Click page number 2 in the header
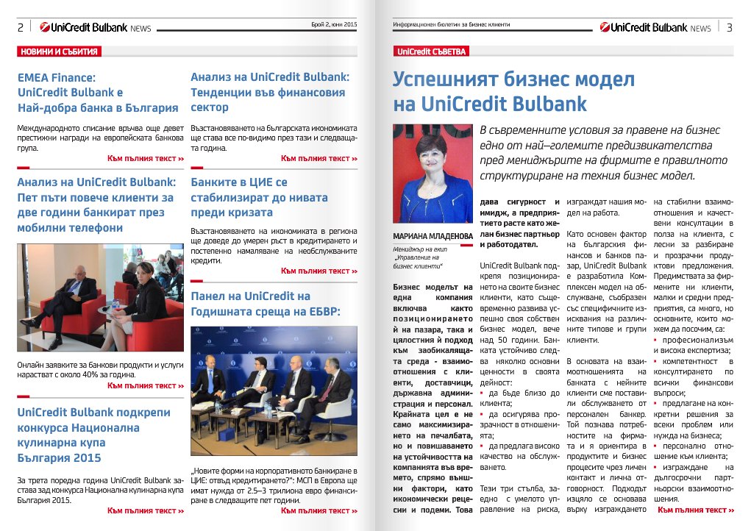coord(21,28)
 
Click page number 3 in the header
coord(728,28)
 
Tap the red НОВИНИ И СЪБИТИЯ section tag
coord(59,51)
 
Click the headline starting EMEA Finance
coord(98,92)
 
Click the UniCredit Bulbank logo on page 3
coord(655,27)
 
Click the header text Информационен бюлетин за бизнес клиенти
coord(450,25)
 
